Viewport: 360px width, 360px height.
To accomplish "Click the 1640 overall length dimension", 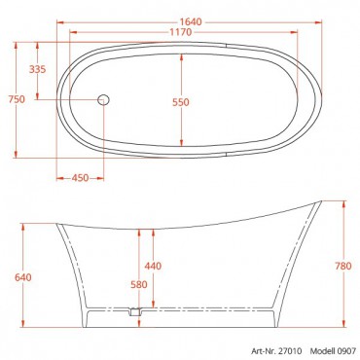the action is click(x=191, y=22).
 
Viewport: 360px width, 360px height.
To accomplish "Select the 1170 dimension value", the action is click(x=181, y=32).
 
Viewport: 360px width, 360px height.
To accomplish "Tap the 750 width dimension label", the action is click(x=17, y=99).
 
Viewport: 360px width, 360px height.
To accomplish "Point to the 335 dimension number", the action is click(x=38, y=69).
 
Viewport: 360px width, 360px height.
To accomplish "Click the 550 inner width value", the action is click(x=181, y=102).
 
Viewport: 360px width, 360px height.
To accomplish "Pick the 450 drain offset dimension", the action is click(x=80, y=178).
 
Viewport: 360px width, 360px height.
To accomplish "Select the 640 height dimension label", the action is click(x=23, y=277).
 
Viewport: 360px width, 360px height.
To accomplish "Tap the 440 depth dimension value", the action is click(x=153, y=266).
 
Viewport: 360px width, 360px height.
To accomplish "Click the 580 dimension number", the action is click(x=139, y=284).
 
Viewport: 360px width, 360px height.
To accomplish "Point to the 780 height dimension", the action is click(x=343, y=266).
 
